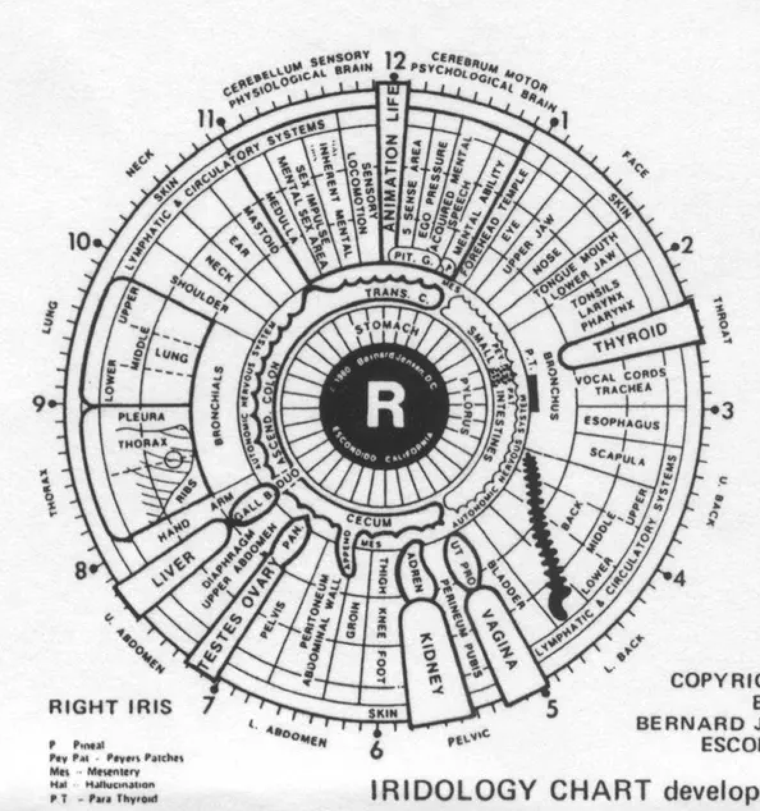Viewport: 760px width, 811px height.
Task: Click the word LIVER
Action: pyautogui.click(x=174, y=568)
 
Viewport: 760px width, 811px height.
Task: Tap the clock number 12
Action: pyautogui.click(x=397, y=63)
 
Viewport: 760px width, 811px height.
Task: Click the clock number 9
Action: pyautogui.click(x=40, y=404)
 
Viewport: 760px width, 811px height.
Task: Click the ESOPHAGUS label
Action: pyautogui.click(x=621, y=423)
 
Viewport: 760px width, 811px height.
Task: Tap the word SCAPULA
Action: pyautogui.click(x=617, y=457)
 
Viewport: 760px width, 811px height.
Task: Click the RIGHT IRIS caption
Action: pyautogui.click(x=110, y=707)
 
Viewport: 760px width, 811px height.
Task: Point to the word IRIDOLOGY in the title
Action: pyautogui.click(x=451, y=791)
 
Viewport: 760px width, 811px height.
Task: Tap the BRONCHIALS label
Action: pyautogui.click(x=219, y=405)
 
